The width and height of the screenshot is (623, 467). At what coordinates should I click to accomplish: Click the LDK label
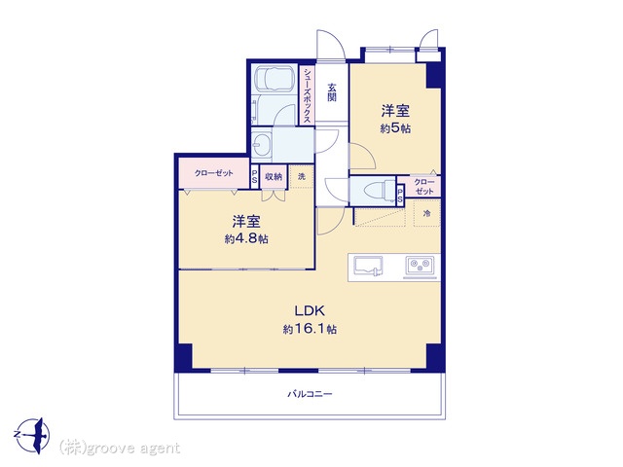(x=310, y=310)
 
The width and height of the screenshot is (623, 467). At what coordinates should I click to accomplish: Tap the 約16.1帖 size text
(x=310, y=329)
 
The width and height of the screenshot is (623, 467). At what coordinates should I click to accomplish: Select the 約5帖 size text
(x=395, y=128)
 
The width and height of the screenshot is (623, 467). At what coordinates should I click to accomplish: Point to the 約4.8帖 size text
(x=246, y=239)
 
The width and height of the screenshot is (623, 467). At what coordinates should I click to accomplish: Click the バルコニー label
(x=310, y=394)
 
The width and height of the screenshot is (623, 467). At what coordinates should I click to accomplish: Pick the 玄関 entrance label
(x=332, y=92)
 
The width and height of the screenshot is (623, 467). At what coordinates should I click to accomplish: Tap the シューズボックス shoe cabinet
(x=308, y=95)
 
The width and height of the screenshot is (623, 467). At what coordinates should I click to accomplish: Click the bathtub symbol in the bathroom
(x=274, y=79)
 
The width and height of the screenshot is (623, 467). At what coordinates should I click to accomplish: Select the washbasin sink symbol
(x=262, y=144)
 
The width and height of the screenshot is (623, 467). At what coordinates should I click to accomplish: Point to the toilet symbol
(x=379, y=191)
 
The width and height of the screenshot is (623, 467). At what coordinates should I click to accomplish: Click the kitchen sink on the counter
(x=368, y=266)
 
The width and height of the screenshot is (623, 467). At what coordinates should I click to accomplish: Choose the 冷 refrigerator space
(x=426, y=214)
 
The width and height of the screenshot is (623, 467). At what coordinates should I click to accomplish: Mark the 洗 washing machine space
(x=302, y=176)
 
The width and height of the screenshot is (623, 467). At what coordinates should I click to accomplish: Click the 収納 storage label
(x=274, y=176)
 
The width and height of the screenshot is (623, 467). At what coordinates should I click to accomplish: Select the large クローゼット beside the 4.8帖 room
(x=214, y=173)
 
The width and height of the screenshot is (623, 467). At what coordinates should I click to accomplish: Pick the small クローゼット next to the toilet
(x=424, y=186)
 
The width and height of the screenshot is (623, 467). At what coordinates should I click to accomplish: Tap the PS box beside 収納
(x=255, y=176)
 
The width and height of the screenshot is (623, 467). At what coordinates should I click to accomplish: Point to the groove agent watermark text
(x=120, y=449)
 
